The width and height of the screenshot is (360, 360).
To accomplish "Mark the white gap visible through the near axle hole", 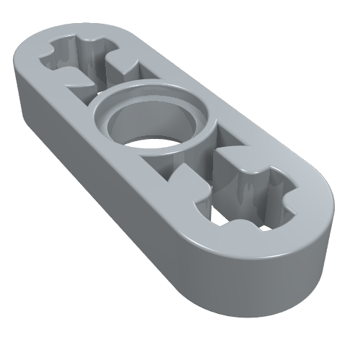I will point(238,216).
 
